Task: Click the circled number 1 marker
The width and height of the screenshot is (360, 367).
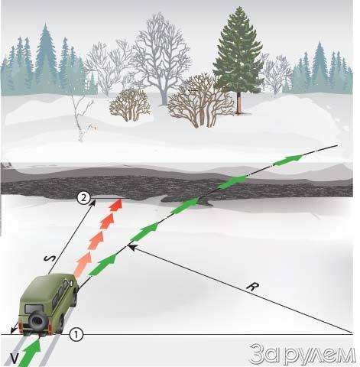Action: click(76, 334)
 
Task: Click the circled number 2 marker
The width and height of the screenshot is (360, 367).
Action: click(83, 198)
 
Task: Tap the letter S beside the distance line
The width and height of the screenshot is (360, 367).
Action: click(50, 258)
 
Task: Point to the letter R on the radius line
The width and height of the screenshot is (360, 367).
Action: click(252, 287)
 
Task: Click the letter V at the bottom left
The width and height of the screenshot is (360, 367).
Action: click(15, 359)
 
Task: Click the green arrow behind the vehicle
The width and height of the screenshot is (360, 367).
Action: click(30, 352)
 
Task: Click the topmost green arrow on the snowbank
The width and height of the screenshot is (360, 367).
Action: click(289, 160)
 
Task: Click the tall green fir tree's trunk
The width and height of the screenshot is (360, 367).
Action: click(238, 102)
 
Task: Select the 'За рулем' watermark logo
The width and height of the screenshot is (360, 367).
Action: click(303, 353)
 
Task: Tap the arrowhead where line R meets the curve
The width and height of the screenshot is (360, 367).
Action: click(130, 246)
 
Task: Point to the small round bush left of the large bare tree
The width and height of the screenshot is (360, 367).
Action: click(130, 105)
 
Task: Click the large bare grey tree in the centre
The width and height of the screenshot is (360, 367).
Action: click(160, 59)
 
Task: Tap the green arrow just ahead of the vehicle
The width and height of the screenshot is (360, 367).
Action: click(103, 265)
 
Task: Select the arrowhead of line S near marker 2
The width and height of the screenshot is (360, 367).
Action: click(93, 203)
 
